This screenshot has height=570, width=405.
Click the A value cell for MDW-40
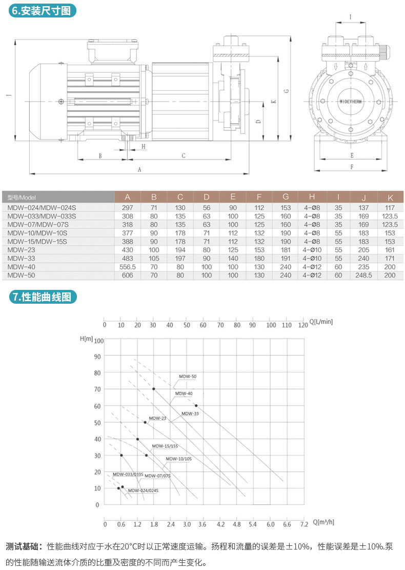click(x=128, y=267)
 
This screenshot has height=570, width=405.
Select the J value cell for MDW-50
click(x=363, y=276)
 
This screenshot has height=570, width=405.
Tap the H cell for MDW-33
click(x=312, y=259)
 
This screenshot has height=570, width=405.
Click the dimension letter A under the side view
click(x=139, y=168)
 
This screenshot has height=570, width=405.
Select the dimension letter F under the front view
click(x=352, y=167)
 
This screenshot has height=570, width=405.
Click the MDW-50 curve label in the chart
click(x=188, y=377)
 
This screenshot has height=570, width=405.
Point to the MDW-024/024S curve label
click(x=143, y=490)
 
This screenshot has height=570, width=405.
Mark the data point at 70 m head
click(x=153, y=389)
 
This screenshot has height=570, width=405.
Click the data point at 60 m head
click(x=196, y=406)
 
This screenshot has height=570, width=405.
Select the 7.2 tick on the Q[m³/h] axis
click(x=303, y=525)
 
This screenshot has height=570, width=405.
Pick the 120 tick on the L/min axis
click(x=303, y=325)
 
